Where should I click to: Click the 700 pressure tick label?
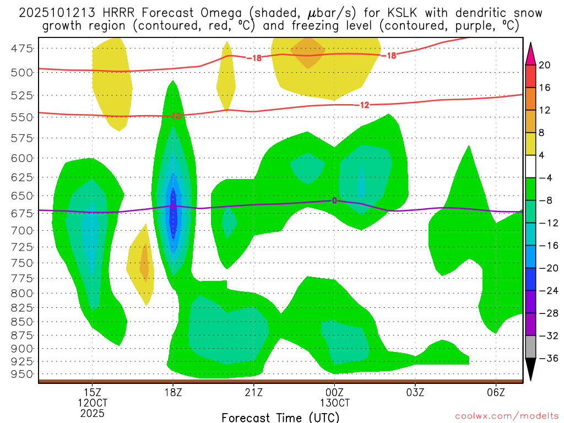(22, 230)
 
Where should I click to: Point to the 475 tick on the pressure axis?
(22, 48)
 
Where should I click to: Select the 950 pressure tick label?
(22, 374)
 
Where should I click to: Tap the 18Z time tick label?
(173, 392)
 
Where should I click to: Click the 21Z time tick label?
(253, 392)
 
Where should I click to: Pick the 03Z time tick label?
(415, 392)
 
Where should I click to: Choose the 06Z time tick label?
(496, 392)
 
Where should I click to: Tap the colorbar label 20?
(545, 65)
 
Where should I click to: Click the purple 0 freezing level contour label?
(334, 200)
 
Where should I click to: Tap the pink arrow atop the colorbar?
(530, 53)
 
